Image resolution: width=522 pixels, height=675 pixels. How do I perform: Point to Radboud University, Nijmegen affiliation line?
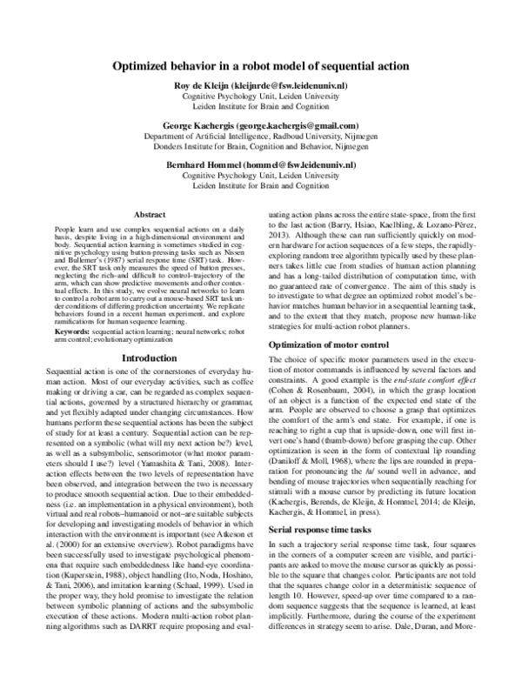(x=261, y=137)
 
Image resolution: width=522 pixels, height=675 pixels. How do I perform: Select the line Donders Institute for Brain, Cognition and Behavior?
(x=261, y=149)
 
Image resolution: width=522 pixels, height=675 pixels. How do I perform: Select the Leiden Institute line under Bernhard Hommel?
(x=261, y=186)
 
